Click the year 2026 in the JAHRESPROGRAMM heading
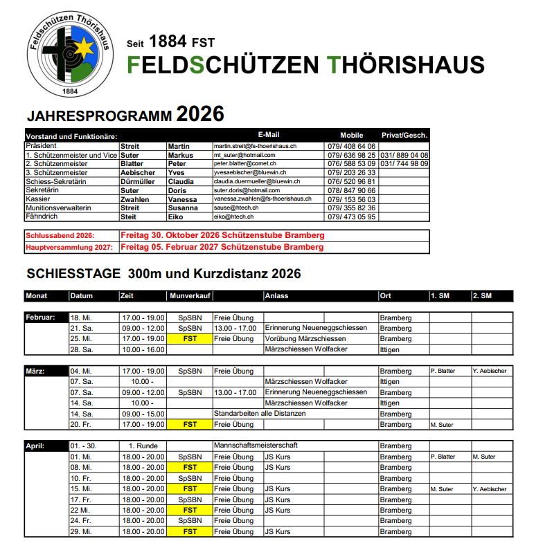click(200, 114)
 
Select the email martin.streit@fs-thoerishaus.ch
click(256, 147)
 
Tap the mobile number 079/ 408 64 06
click(351, 147)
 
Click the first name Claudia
click(181, 181)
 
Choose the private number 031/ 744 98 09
click(404, 164)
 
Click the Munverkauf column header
click(189, 296)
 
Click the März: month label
click(37, 372)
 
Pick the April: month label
click(37, 446)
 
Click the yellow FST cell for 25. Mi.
click(189, 339)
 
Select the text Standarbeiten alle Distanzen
click(260, 414)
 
